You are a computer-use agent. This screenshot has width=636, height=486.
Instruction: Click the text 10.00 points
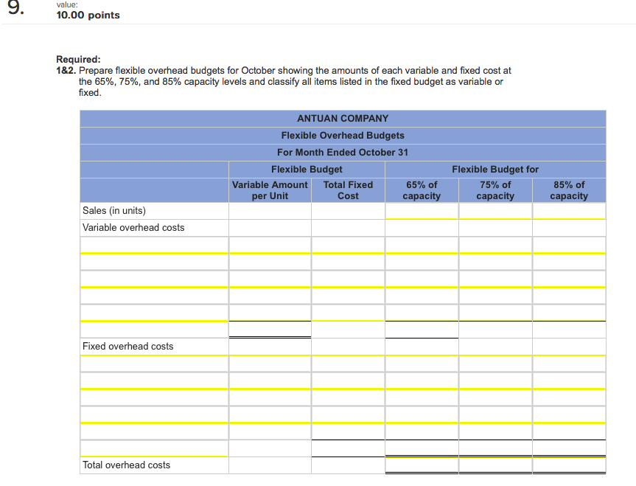[x=88, y=15]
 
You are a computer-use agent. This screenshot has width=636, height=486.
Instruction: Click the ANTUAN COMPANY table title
[x=343, y=118]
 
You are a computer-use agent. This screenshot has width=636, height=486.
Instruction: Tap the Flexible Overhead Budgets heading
[x=343, y=135]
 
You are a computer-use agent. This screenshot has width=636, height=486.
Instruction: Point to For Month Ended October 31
[x=343, y=152]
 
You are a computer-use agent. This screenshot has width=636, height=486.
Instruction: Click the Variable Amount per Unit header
[x=270, y=190]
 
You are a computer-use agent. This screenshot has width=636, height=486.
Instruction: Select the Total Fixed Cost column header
[x=348, y=190]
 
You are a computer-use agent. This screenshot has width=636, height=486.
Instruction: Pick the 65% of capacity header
[x=422, y=190]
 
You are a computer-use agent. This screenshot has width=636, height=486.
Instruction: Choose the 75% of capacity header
[x=495, y=190]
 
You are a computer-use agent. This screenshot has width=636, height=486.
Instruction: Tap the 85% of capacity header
[x=569, y=190]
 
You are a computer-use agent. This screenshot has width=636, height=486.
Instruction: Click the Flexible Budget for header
[x=495, y=169]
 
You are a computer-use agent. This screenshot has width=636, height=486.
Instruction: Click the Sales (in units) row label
[x=114, y=210]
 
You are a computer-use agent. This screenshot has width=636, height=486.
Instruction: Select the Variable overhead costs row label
[x=133, y=227]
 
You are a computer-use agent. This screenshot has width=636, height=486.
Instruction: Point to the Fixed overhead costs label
[x=128, y=346]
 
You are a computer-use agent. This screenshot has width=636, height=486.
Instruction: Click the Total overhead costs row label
[x=126, y=465]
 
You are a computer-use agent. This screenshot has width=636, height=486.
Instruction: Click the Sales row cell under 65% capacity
[x=422, y=210]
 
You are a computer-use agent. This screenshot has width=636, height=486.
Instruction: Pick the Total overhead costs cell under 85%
[x=569, y=465]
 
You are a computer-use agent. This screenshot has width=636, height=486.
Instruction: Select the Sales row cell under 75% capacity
[x=495, y=210]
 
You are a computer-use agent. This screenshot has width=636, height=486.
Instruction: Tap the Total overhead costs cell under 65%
[x=422, y=465]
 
